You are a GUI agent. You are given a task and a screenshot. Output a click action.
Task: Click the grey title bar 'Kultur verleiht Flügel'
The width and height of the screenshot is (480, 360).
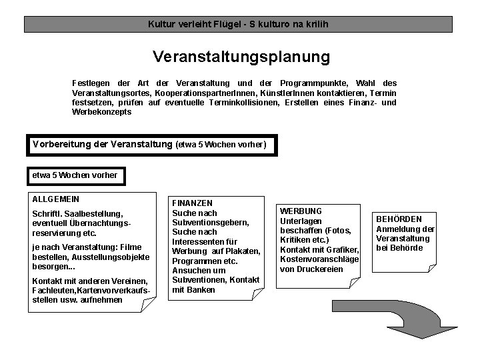(238, 25)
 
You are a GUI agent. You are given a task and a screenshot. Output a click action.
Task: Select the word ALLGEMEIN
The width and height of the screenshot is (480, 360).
(56, 199)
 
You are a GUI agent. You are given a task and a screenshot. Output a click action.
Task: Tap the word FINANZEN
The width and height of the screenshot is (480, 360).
(193, 203)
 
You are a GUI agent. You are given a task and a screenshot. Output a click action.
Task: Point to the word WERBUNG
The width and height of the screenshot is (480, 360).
(301, 211)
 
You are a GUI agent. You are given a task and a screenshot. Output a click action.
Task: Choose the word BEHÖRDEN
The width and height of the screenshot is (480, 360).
(399, 219)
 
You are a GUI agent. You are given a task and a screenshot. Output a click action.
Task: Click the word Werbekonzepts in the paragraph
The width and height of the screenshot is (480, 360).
(102, 113)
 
